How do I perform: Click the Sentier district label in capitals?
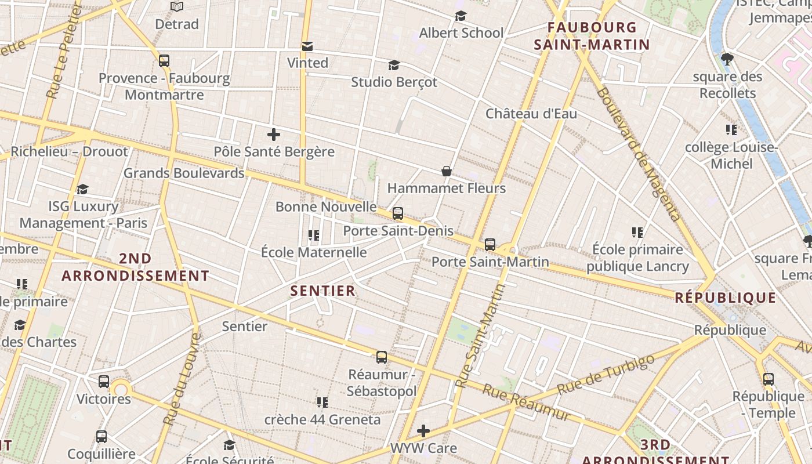[x=322, y=291]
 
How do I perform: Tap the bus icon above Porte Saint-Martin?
[x=490, y=245]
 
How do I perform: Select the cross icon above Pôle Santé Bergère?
[x=274, y=135]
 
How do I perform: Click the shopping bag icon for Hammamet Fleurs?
[x=447, y=171]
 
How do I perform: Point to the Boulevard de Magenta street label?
[x=637, y=154]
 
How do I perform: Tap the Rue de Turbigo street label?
[x=606, y=374]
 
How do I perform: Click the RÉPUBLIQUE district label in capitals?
[x=726, y=298]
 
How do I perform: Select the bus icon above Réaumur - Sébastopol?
[x=382, y=357]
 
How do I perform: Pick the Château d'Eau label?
[x=531, y=114]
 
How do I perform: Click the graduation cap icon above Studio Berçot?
[x=394, y=65]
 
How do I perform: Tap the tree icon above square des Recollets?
[x=727, y=59]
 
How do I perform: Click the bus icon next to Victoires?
[x=104, y=382]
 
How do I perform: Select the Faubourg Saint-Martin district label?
[x=592, y=36]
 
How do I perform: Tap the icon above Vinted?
[x=307, y=46]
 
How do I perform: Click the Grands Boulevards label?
[x=184, y=173]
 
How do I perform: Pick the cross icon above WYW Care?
[x=423, y=431]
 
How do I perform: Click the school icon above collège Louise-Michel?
[x=731, y=130]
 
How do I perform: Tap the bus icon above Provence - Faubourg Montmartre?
[x=164, y=61]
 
